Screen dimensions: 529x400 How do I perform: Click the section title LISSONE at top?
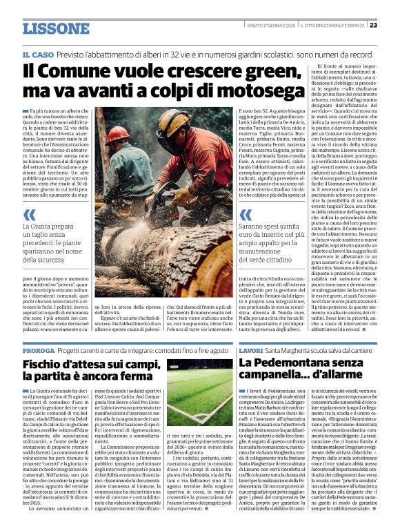pos(56,28)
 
